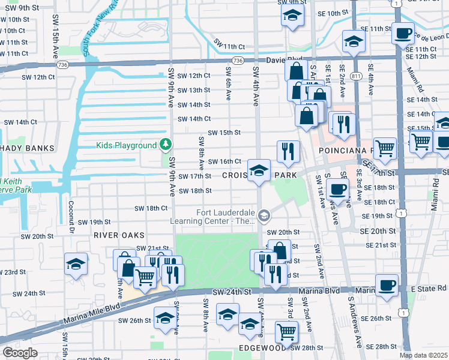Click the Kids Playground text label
[126, 145]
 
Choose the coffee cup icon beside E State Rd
[387, 284]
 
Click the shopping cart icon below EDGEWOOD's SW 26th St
[286, 331]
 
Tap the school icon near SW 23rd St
[76, 265]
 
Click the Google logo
[20, 353]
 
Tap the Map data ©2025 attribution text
[423, 355]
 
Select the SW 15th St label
[224, 133]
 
